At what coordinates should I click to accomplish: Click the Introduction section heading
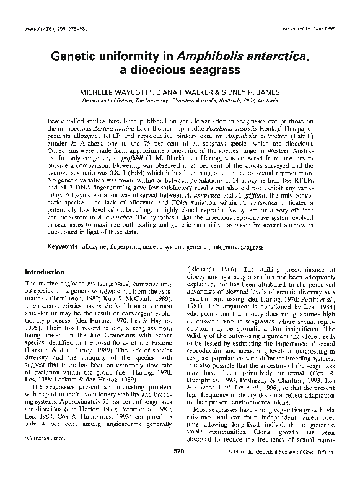pyautogui.click(x=44, y=271)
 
